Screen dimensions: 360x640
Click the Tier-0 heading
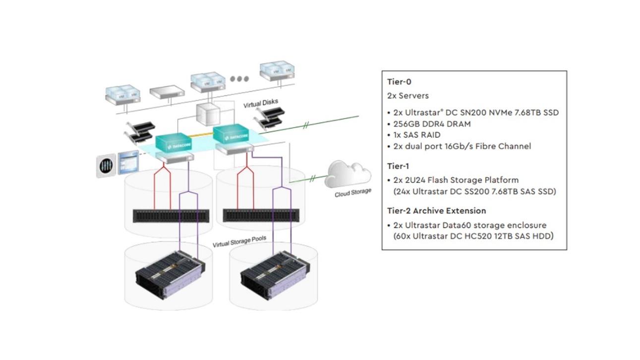pyautogui.click(x=399, y=82)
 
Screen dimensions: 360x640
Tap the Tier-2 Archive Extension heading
pyautogui.click(x=436, y=211)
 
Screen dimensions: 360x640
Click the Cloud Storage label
pyautogui.click(x=352, y=192)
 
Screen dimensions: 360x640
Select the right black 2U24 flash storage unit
pyautogui.click(x=257, y=215)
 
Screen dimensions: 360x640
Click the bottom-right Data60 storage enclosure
pyautogui.click(x=270, y=278)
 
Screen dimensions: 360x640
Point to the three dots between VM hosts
pyautogui.click(x=239, y=79)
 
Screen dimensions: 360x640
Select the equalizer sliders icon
pyautogui.click(x=106, y=166)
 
